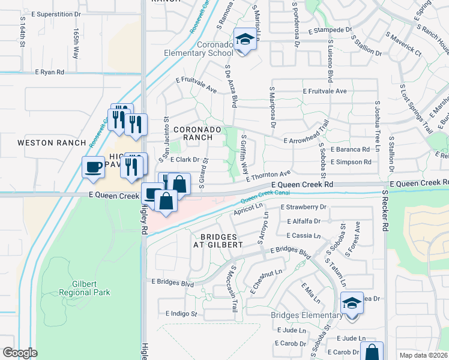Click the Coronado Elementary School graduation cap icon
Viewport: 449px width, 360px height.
(244, 40)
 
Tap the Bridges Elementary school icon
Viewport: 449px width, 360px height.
(352, 303)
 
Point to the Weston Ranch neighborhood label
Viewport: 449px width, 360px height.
(46, 143)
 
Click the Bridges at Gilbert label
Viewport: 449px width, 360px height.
(218, 240)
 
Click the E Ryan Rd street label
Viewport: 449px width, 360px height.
(49, 72)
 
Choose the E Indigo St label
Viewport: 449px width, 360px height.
(181, 314)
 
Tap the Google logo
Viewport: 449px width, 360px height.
(20, 353)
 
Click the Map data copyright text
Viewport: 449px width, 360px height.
(424, 355)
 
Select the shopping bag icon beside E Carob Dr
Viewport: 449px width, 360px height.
(372, 352)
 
